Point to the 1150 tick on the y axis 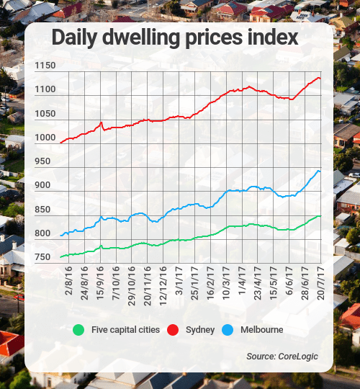44,66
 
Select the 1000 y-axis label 44,138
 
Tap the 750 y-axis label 44,257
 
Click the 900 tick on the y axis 44,185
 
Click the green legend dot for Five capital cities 79,330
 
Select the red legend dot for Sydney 173,330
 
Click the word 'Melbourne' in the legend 263,330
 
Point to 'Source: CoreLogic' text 282,357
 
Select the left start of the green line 60,257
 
